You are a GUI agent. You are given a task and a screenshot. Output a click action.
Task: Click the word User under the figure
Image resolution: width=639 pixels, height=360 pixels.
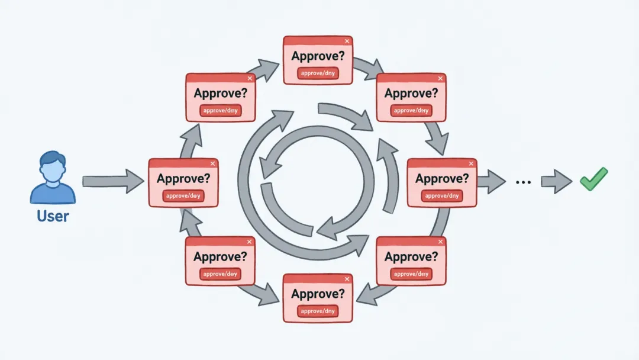pyautogui.click(x=53, y=216)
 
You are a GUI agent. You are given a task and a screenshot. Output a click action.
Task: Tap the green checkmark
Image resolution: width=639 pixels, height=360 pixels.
pyautogui.click(x=593, y=179)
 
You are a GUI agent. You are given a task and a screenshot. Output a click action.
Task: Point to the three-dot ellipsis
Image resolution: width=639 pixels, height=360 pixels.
pyautogui.click(x=523, y=182)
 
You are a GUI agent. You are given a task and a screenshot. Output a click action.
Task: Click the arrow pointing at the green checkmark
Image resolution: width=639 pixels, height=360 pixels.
pyautogui.click(x=556, y=181)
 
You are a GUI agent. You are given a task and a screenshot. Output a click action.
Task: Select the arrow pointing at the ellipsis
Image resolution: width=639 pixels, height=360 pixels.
pyautogui.click(x=491, y=181)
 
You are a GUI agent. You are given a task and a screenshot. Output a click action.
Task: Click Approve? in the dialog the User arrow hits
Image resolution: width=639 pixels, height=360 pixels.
pyautogui.click(x=183, y=178)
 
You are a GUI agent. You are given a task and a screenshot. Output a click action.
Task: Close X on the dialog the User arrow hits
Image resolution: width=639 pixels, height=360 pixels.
pyautogui.click(x=212, y=164)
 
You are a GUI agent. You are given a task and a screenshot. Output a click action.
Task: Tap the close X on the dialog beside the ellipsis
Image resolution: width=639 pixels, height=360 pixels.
pyautogui.click(x=471, y=164)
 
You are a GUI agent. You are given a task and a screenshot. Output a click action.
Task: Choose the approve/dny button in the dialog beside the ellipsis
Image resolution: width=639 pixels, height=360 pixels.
pyautogui.click(x=442, y=195)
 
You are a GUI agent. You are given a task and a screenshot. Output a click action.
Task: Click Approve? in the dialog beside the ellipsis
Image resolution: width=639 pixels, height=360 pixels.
pyautogui.click(x=442, y=178)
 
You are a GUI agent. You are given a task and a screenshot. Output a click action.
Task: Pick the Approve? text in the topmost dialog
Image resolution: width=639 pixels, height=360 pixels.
pyautogui.click(x=318, y=56)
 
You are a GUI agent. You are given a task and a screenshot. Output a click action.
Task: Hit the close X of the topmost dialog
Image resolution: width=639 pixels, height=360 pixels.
pyautogui.click(x=347, y=41)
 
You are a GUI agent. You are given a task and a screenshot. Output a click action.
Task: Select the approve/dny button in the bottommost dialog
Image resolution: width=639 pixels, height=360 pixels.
pyautogui.click(x=318, y=310)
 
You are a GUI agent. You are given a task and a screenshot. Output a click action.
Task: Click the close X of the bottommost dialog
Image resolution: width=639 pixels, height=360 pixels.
pyautogui.click(x=347, y=279)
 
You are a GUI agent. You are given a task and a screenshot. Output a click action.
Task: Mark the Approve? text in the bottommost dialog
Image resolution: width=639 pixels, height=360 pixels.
pyautogui.click(x=318, y=294)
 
